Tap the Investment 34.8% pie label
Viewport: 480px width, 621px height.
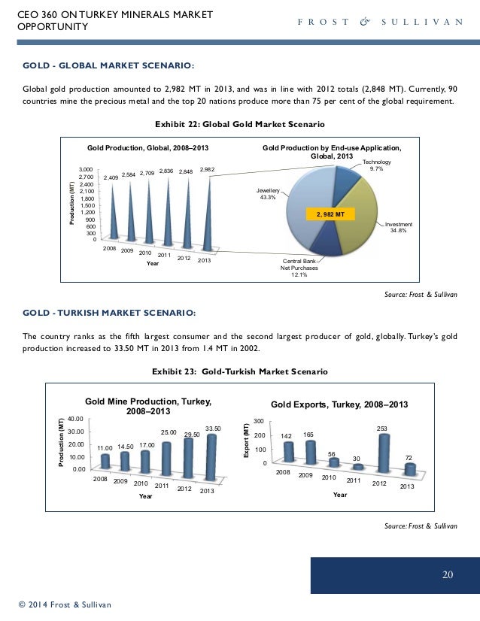click(x=398, y=228)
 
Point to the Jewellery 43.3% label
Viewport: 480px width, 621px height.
click(x=266, y=194)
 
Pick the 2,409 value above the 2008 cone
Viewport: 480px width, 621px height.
click(x=112, y=177)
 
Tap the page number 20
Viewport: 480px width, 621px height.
click(x=447, y=575)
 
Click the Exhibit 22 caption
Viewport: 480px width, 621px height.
click(x=239, y=123)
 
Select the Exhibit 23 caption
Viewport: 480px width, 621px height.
click(x=239, y=371)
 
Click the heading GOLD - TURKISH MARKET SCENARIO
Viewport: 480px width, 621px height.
click(x=109, y=312)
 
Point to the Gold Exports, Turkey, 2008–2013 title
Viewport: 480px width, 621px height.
click(x=339, y=404)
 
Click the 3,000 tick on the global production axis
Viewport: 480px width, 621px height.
click(x=86, y=171)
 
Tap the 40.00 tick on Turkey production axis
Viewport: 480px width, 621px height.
click(x=75, y=418)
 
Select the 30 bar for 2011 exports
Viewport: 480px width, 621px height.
click(x=357, y=467)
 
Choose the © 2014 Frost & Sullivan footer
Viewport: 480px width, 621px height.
click(x=65, y=604)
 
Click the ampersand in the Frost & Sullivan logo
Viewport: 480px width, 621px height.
click(x=366, y=22)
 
